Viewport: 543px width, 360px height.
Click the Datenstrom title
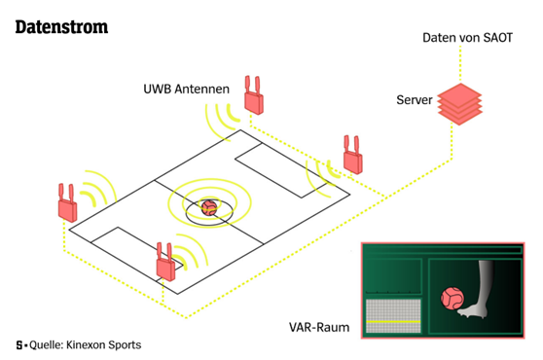[61, 27]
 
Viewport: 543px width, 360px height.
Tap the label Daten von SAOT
[467, 38]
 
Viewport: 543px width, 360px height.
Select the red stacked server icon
[459, 104]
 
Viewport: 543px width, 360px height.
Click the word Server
[415, 100]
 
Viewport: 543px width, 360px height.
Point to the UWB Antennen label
[186, 89]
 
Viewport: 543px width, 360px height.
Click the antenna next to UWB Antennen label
[254, 95]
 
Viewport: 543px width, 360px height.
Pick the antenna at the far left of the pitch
[67, 202]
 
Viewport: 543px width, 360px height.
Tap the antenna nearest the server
[353, 155]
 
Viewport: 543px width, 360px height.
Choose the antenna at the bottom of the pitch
[165, 262]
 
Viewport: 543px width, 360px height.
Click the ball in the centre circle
[209, 207]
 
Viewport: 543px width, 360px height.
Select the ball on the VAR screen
[452, 299]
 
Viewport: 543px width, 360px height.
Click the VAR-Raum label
[319, 327]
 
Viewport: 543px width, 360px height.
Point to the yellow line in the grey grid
[393, 322]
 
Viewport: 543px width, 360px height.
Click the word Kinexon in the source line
[86, 344]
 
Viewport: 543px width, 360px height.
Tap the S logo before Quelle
[19, 345]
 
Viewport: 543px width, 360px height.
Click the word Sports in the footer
[125, 345]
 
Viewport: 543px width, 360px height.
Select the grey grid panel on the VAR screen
[393, 316]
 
